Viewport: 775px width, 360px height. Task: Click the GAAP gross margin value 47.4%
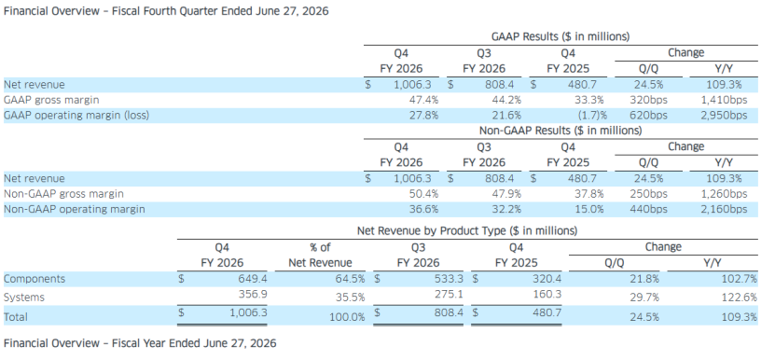pos(423,100)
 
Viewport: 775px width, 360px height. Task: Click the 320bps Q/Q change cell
pos(648,100)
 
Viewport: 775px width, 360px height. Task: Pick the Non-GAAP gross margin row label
pos(63,194)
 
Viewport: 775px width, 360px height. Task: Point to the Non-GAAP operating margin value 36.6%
pos(423,209)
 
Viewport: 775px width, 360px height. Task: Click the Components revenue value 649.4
pos(252,279)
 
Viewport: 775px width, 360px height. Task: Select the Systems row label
pos(23,298)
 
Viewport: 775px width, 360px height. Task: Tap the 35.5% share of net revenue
pos(351,298)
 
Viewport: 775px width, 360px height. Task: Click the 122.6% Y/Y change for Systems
pos(739,298)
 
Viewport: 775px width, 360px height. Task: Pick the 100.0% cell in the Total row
pos(348,317)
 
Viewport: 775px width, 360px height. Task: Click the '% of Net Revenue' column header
pos(320,255)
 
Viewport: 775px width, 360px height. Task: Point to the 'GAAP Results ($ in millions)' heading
pos(560,36)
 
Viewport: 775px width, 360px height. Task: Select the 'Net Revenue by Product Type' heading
pos(467,230)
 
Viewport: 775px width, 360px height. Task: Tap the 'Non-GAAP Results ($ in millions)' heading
pos(560,131)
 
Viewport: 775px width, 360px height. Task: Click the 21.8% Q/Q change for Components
pos(644,279)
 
